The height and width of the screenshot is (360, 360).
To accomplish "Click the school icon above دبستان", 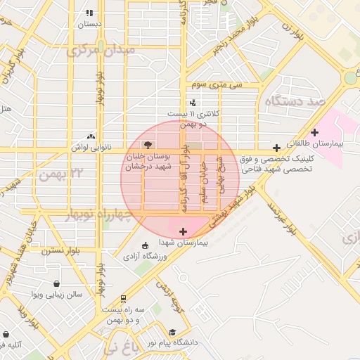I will click(x=89, y=13).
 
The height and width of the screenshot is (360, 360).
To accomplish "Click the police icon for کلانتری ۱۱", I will click(x=193, y=103).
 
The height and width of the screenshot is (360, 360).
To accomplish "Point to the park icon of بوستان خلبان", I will click(x=146, y=143).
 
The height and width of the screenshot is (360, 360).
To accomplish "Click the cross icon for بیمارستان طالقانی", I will click(x=314, y=131).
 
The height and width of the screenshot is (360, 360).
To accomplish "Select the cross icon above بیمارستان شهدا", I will click(x=184, y=231).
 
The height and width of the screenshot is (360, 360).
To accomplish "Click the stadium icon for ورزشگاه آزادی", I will click(x=145, y=245).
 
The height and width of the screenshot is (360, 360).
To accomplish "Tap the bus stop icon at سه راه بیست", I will click(x=124, y=298).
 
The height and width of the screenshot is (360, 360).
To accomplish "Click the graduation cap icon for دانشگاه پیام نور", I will click(x=172, y=332).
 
